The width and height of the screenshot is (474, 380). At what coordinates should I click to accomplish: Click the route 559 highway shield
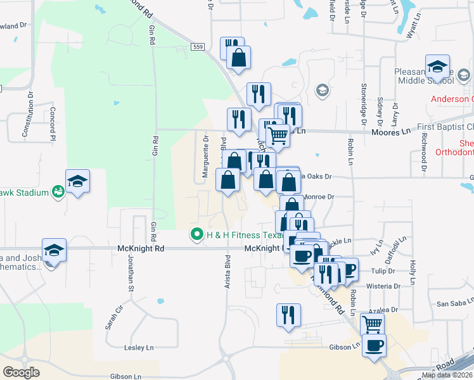[199, 47]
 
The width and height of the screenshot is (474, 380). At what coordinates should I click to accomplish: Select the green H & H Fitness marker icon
[196, 234]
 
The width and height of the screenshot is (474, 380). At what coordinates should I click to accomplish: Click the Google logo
[21, 372]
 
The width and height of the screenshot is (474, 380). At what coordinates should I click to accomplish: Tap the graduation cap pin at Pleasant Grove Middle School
[437, 67]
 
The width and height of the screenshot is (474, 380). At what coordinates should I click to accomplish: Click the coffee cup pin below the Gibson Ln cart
[375, 346]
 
